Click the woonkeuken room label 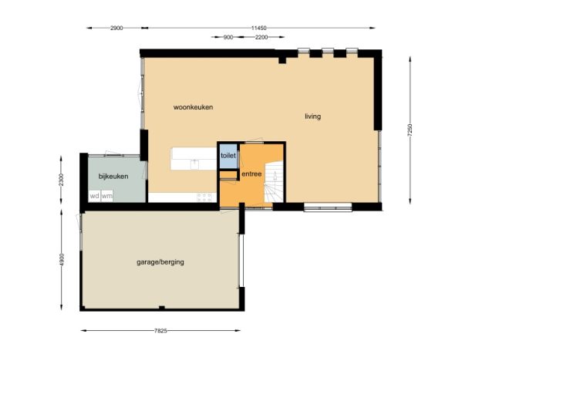click(193, 107)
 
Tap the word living click(313, 116)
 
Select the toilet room click(228, 156)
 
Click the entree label click(251, 174)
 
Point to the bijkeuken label click(113, 177)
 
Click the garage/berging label click(160, 262)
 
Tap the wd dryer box click(94, 196)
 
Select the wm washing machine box click(107, 196)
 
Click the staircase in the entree click(274, 182)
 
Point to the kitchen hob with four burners click(204, 197)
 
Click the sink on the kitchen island click(194, 164)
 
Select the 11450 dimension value click(259, 28)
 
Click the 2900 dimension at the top click(116, 28)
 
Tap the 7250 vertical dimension click(410, 130)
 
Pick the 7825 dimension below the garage click(160, 331)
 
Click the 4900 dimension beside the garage click(62, 260)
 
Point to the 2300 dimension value click(62, 180)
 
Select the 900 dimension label click(228, 37)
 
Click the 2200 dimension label click(261, 37)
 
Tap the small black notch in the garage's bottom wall click(162, 308)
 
